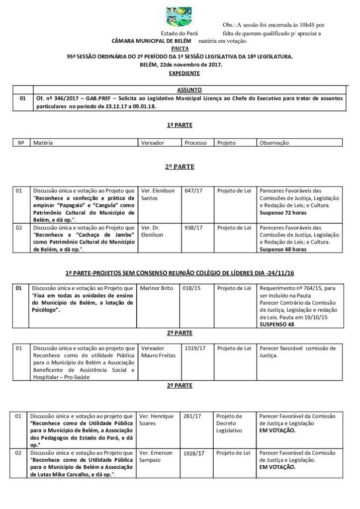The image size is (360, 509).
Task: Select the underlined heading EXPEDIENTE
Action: [x=184, y=73]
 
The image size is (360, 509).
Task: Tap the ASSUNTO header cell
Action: [x=189, y=90]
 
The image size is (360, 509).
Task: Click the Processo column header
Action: [x=195, y=142]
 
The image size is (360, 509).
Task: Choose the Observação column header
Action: [x=274, y=142]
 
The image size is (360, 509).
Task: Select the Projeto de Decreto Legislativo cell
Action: [x=230, y=423]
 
